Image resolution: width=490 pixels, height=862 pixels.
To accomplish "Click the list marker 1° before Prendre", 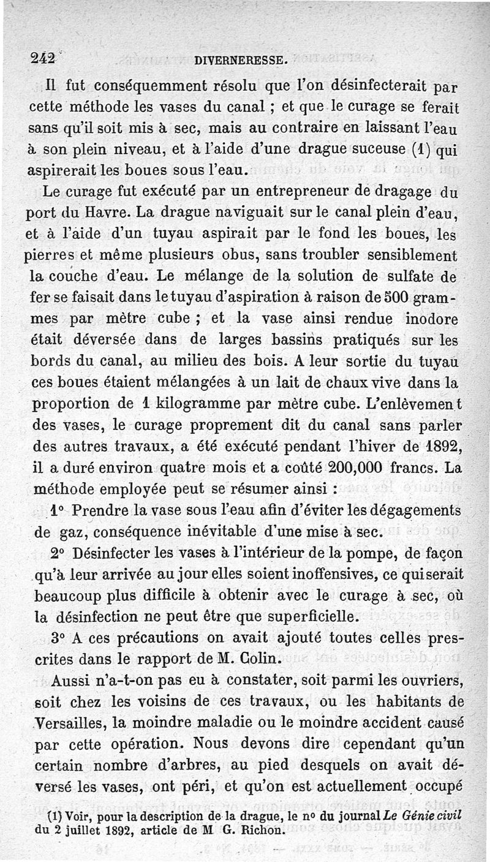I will (x=58, y=510).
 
